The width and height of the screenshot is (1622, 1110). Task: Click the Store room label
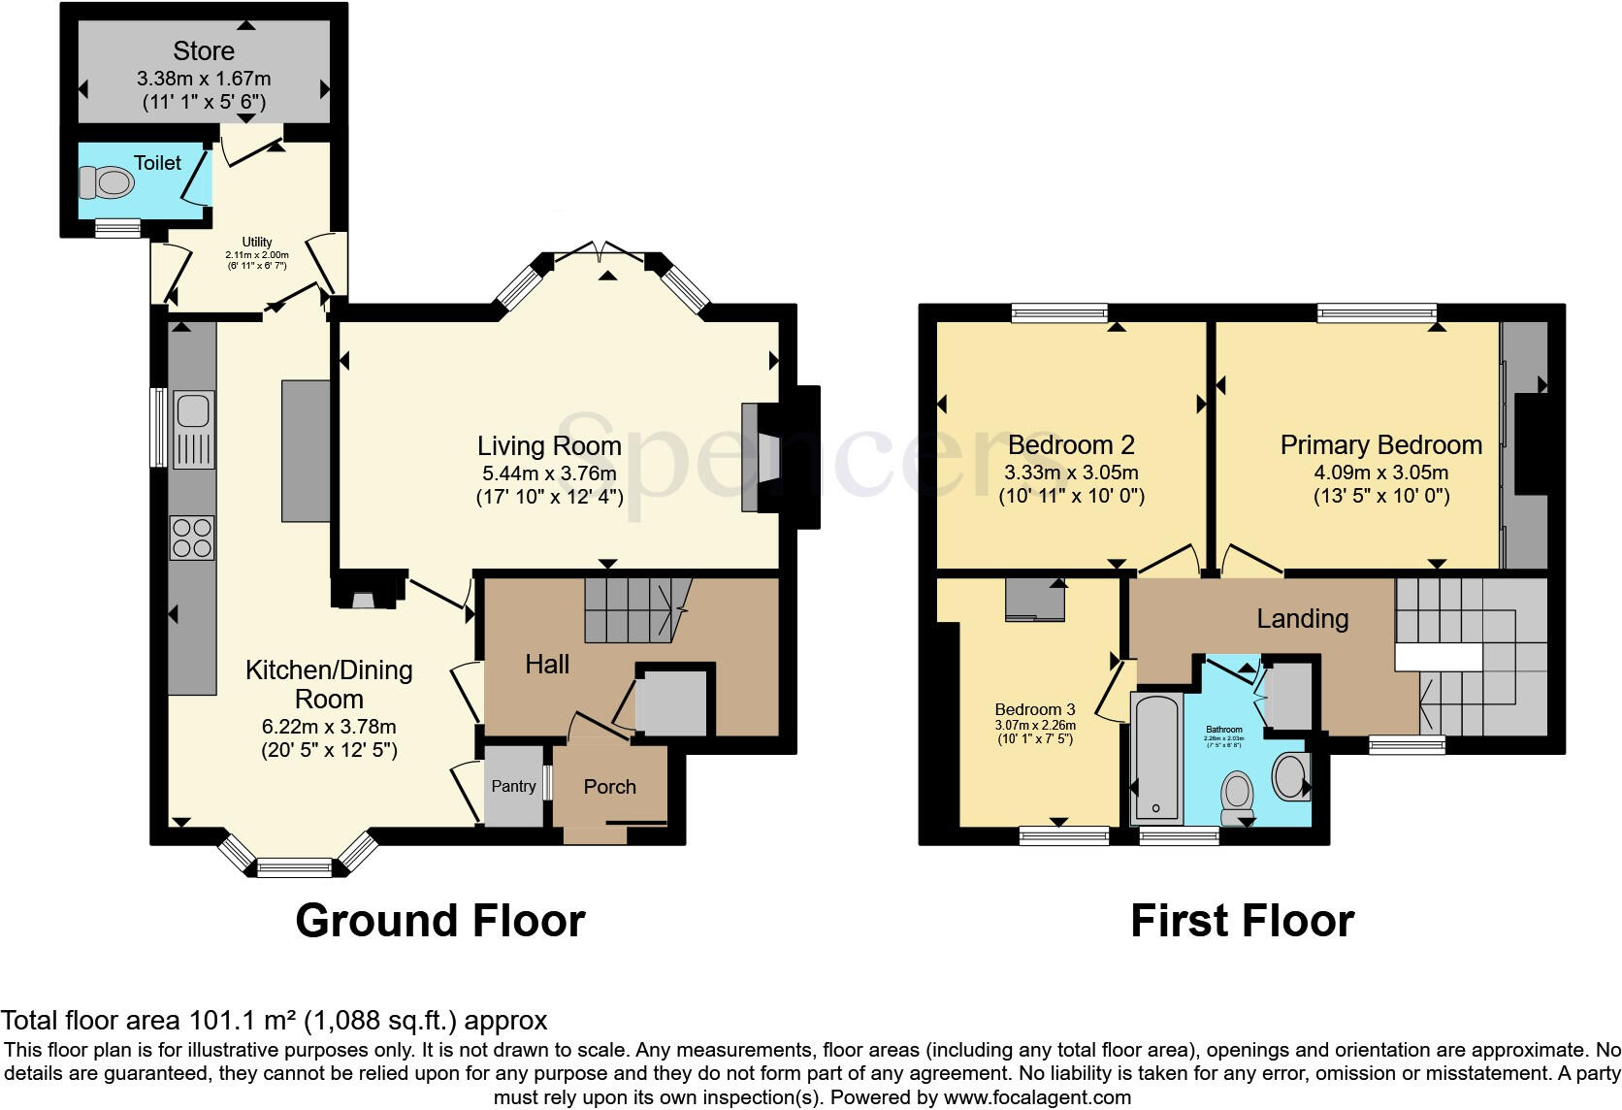pyautogui.click(x=204, y=50)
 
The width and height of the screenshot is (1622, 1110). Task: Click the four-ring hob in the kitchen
pyautogui.click(x=192, y=539)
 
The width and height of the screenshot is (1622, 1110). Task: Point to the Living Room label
pyautogui.click(x=549, y=446)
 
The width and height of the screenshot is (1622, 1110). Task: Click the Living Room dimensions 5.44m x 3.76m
pyautogui.click(x=549, y=473)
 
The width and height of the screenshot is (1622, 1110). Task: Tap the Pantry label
pyautogui.click(x=513, y=786)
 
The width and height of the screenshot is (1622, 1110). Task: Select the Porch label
pyautogui.click(x=609, y=787)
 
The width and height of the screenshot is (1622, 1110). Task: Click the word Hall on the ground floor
pyautogui.click(x=547, y=665)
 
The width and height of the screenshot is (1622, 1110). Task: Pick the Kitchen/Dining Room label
pyautogui.click(x=329, y=684)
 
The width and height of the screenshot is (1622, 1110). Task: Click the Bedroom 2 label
pyautogui.click(x=1071, y=445)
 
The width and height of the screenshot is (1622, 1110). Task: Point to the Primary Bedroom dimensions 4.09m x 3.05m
pyautogui.click(x=1381, y=473)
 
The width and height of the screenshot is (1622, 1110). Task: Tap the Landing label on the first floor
pyautogui.click(x=1302, y=619)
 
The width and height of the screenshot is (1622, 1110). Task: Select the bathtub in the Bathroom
pyautogui.click(x=1156, y=757)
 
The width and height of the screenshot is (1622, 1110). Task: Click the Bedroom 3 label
pyautogui.click(x=1035, y=709)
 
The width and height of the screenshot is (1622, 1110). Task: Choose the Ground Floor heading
pyautogui.click(x=439, y=921)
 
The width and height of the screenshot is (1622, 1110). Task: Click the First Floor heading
pyautogui.click(x=1242, y=921)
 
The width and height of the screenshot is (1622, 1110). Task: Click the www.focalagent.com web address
pyautogui.click(x=1037, y=1098)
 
